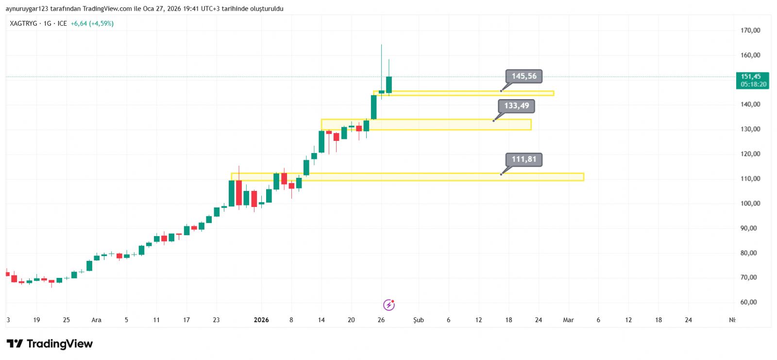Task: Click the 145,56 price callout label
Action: pyautogui.click(x=524, y=76)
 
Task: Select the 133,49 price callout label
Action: pyautogui.click(x=516, y=106)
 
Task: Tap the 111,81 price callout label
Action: pyautogui.click(x=524, y=159)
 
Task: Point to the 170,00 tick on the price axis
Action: pyautogui.click(x=750, y=30)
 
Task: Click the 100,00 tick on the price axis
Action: pyautogui.click(x=750, y=204)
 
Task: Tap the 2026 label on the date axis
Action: pyautogui.click(x=261, y=320)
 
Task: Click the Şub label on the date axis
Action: pyautogui.click(x=419, y=320)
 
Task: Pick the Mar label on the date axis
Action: pyautogui.click(x=568, y=320)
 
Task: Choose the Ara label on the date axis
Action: pyautogui.click(x=96, y=320)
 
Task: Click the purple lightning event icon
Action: pyautogui.click(x=389, y=305)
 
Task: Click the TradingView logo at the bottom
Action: pyautogui.click(x=50, y=344)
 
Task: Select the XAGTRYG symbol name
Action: pyautogui.click(x=23, y=23)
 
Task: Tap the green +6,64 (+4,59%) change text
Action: pyautogui.click(x=92, y=23)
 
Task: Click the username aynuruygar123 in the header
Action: pyautogui.click(x=25, y=9)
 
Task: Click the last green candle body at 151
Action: pyautogui.click(x=389, y=85)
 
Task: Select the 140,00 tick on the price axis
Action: pyautogui.click(x=750, y=104)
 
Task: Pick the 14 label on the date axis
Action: pyautogui.click(x=321, y=320)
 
